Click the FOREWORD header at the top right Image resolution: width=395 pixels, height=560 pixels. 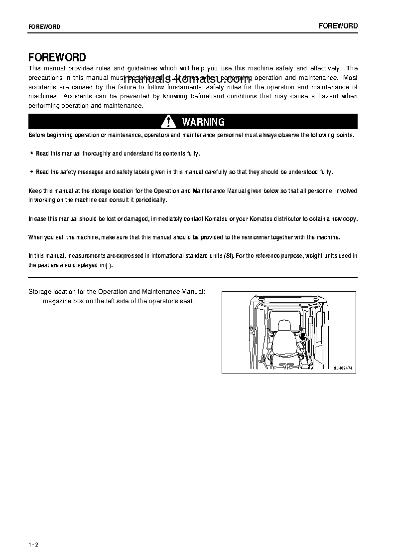[x=338, y=26]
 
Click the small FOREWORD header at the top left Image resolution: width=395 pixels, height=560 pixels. [x=44, y=27]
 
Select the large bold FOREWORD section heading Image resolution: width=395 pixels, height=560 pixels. [x=57, y=57]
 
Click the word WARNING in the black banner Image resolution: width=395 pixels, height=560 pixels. [x=203, y=122]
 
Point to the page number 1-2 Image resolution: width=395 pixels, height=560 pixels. [x=33, y=544]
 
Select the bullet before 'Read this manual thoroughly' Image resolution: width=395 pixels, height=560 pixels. [x=32, y=154]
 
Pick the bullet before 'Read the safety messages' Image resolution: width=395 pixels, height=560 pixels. [x=32, y=172]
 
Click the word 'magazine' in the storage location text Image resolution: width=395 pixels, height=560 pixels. [x=55, y=301]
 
